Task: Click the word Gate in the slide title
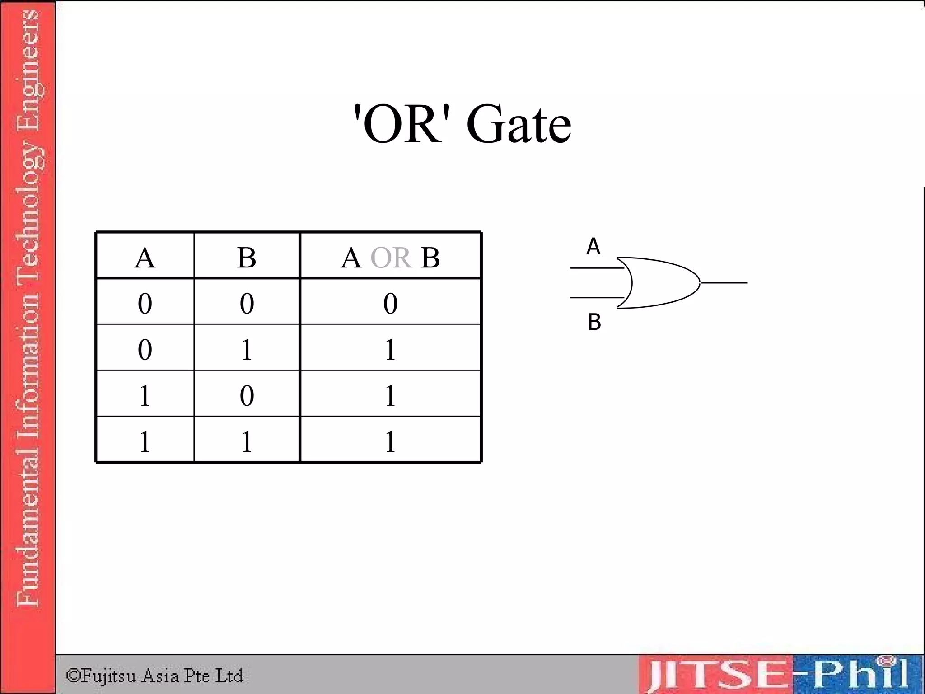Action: tap(519, 124)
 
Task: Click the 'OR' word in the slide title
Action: tap(402, 124)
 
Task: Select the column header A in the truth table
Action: tap(145, 258)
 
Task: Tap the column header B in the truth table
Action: tap(247, 258)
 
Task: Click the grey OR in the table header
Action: tap(391, 258)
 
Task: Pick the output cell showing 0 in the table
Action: tap(390, 303)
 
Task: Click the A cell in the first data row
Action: tap(145, 303)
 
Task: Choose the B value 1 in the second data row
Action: tap(247, 349)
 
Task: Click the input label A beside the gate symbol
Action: tap(593, 247)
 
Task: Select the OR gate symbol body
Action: tap(659, 283)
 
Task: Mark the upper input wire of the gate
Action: tap(596, 268)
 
